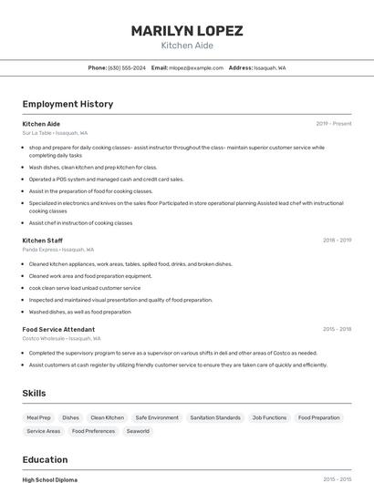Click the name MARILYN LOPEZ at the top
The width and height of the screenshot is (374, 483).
tap(186, 31)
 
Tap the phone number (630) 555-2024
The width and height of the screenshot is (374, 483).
tap(126, 67)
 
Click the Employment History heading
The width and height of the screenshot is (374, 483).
tap(68, 104)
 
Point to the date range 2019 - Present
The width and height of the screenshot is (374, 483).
tap(333, 123)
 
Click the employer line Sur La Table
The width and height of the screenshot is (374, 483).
tap(55, 133)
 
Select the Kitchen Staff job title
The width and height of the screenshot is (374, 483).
tap(43, 240)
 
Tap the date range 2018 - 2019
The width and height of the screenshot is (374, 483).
tap(337, 240)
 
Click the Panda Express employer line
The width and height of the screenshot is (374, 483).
tap(58, 249)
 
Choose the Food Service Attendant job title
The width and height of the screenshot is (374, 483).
tap(58, 328)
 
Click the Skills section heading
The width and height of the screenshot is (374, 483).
tap(35, 393)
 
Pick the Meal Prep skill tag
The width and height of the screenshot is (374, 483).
tap(39, 417)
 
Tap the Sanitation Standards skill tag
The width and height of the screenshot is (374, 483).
tap(215, 417)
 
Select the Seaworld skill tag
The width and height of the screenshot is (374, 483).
tap(138, 431)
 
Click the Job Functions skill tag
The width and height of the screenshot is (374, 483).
tap(269, 417)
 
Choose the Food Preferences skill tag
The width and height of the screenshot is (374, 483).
tap(94, 431)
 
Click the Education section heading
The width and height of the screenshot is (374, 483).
tap(45, 459)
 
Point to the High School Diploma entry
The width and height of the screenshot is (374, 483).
tap(50, 479)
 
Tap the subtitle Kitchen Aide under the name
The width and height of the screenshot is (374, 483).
tap(186, 46)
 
